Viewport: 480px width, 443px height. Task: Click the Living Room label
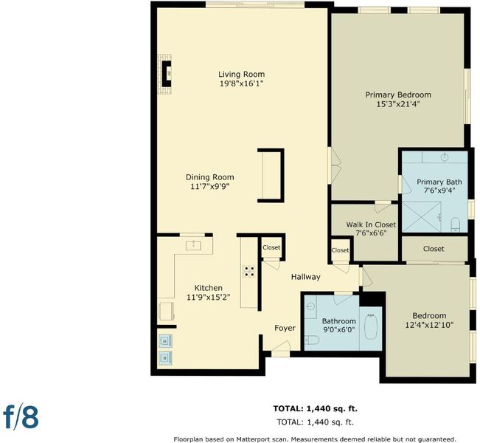click(242, 74)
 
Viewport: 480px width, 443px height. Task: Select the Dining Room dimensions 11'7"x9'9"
click(210, 186)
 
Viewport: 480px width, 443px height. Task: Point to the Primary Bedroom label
click(398, 95)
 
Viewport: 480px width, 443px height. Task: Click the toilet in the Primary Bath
click(456, 224)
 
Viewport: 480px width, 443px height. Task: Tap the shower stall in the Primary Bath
click(422, 217)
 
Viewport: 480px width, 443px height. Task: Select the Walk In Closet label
click(371, 224)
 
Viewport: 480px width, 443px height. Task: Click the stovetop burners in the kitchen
click(249, 271)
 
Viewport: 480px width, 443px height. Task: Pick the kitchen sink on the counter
click(193, 245)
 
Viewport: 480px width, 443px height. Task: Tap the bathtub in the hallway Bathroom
click(371, 326)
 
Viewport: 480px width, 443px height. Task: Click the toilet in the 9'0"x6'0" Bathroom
click(312, 340)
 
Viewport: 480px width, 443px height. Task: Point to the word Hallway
click(305, 277)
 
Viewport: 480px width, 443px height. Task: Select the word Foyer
click(285, 328)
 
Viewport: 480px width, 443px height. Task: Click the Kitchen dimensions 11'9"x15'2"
click(209, 297)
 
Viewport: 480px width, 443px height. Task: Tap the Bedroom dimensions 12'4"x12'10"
click(429, 325)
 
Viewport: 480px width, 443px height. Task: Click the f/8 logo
click(21, 416)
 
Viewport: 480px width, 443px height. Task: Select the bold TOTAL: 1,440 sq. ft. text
click(316, 408)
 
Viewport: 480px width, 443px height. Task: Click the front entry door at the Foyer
click(281, 351)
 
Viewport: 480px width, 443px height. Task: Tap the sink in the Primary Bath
click(445, 157)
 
